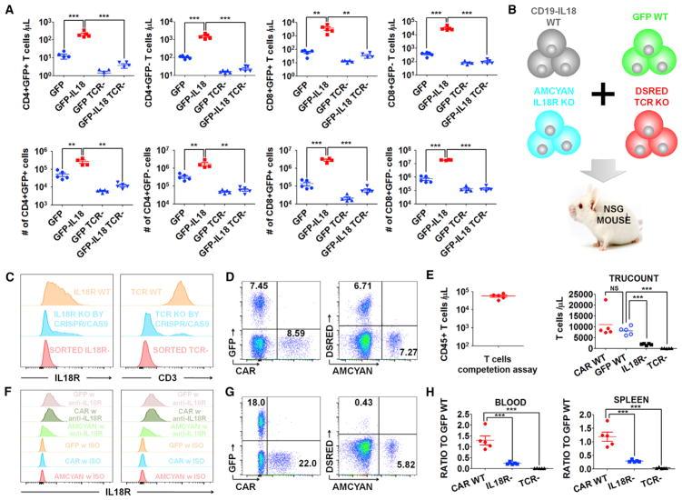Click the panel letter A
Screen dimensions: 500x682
pyautogui.click(x=8, y=8)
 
